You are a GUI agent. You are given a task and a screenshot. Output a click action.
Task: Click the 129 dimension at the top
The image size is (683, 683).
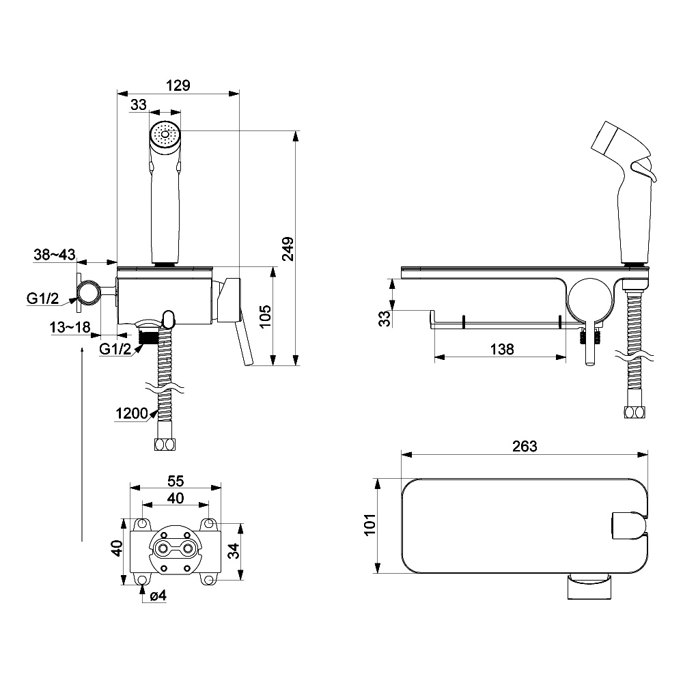179,85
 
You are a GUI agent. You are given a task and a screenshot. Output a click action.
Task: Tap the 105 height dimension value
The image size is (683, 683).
266,316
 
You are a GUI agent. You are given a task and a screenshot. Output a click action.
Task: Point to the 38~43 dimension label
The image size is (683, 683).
54,255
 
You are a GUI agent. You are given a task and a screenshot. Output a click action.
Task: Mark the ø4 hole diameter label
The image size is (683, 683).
158,596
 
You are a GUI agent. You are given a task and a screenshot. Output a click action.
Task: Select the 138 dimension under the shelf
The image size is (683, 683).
501,349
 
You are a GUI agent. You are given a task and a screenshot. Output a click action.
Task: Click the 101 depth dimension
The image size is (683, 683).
370,525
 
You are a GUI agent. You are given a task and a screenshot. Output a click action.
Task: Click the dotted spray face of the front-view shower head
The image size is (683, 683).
164,135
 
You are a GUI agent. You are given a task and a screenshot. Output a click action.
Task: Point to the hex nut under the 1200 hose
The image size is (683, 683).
164,445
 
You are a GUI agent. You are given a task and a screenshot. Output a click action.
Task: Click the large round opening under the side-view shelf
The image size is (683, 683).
589,299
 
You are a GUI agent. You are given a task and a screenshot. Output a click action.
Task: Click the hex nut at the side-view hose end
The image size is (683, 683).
635,412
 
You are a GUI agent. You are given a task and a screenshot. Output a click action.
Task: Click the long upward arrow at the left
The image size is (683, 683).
81,444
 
